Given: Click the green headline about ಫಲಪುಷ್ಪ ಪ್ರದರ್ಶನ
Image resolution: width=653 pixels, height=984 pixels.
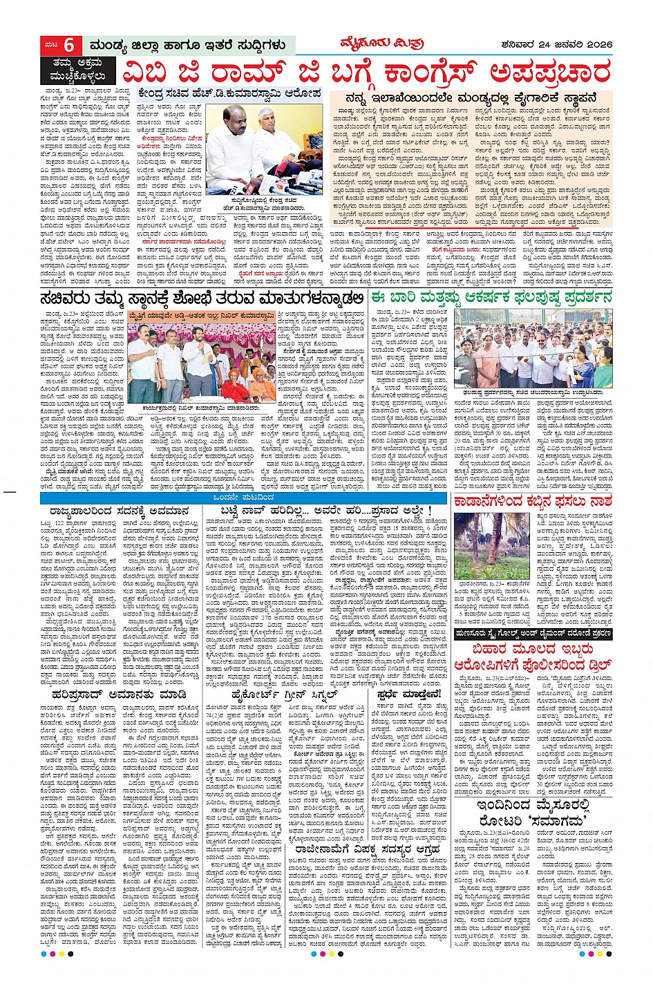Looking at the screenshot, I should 491,298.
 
